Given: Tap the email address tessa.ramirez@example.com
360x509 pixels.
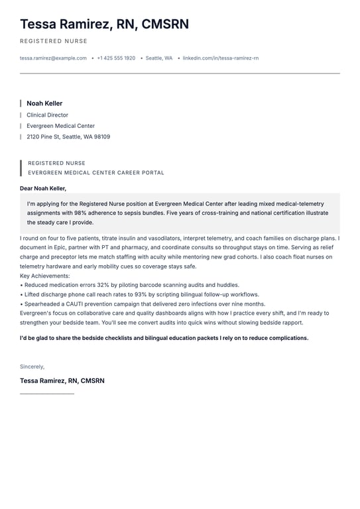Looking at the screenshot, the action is (53, 58).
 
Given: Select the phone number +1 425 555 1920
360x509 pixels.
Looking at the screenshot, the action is (116, 58).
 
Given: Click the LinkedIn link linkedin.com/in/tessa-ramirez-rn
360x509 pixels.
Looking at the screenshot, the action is (221, 58).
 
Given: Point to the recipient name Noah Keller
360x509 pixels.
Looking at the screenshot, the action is (44, 103).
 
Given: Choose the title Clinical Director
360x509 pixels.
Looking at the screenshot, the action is (47, 115).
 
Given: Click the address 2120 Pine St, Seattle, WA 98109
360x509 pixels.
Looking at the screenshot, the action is (68, 137).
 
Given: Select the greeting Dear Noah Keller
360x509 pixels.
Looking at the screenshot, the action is (43, 188).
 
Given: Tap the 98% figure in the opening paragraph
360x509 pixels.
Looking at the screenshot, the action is (82, 213).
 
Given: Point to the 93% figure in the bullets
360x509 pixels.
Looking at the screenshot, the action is (141, 294).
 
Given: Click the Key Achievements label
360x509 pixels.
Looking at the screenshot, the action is (44, 276).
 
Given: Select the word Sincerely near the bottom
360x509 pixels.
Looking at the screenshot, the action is (32, 367).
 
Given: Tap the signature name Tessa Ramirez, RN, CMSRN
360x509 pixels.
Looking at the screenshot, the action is (62, 380).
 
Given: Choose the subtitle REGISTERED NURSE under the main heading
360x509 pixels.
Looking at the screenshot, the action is (54, 41).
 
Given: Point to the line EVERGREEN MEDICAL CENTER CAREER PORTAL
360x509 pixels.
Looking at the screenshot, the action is (96, 172).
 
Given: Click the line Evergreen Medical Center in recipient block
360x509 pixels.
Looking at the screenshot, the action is (60, 126).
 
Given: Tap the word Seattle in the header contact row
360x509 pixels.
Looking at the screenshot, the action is (154, 58).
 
